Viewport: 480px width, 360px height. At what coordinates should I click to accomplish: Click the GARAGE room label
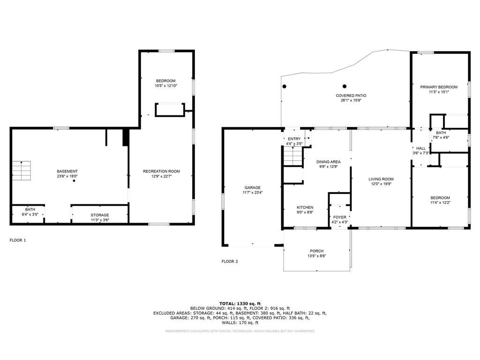(252, 187)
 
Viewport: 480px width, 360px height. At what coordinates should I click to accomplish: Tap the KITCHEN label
(305, 207)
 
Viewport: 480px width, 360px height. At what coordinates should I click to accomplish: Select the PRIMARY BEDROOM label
(439, 87)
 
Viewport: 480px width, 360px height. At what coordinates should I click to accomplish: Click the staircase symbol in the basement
(21, 171)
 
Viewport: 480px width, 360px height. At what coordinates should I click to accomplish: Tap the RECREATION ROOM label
(161, 172)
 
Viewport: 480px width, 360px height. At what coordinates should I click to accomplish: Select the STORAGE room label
(100, 215)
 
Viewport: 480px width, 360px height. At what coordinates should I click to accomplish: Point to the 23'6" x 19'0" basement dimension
(68, 176)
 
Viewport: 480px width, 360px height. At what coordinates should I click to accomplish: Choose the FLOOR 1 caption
(18, 240)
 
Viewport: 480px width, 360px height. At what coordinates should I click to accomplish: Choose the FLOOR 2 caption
(230, 262)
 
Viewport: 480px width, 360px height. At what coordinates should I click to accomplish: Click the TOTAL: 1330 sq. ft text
(240, 304)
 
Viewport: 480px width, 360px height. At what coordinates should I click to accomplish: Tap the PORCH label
(316, 251)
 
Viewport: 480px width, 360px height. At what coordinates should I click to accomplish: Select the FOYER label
(340, 217)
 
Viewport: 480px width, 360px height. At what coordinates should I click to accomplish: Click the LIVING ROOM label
(381, 179)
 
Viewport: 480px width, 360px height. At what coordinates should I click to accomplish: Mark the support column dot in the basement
(74, 181)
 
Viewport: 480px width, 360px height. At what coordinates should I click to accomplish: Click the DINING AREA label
(328, 162)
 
